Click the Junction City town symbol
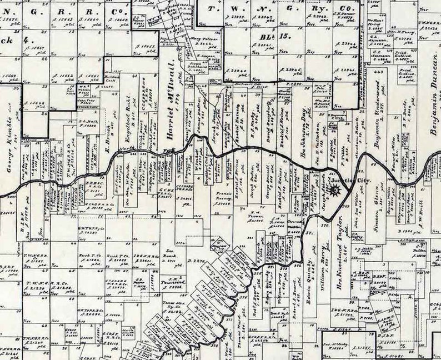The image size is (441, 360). (x=335, y=191)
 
